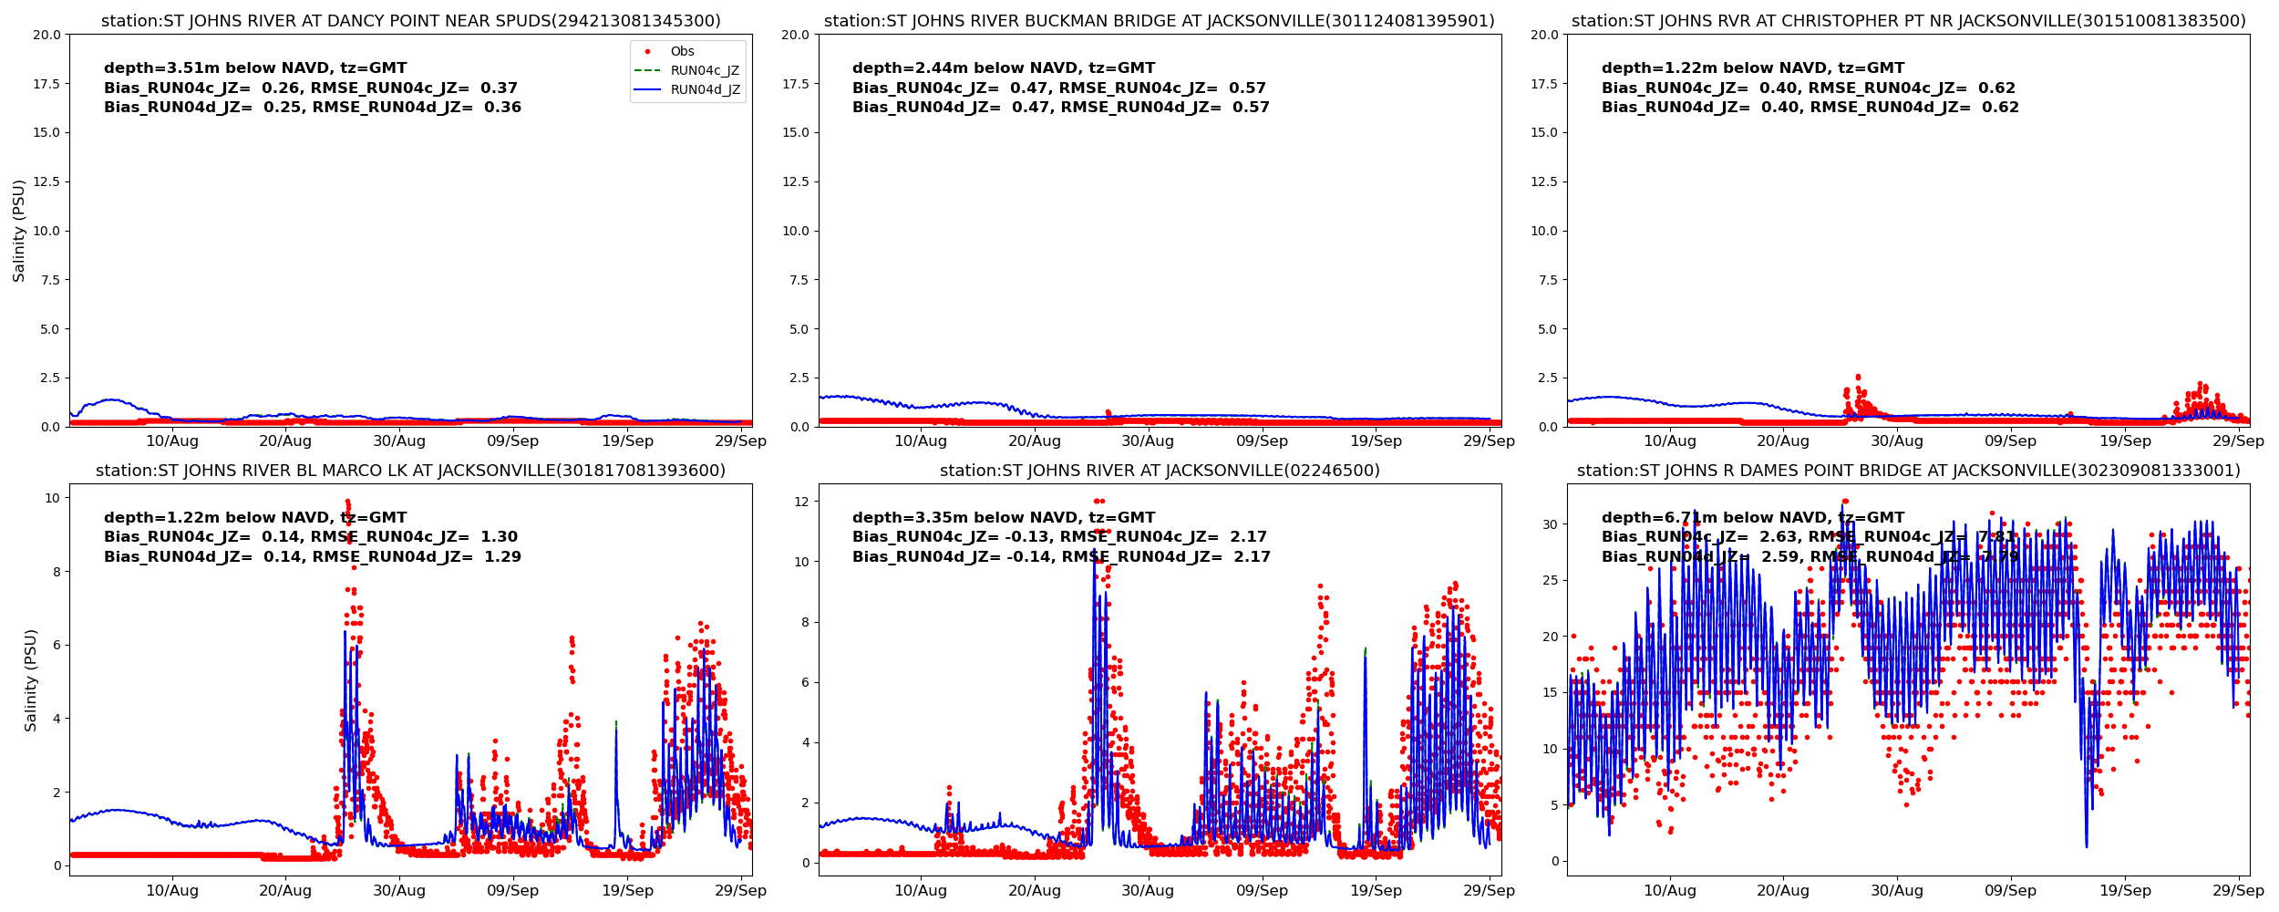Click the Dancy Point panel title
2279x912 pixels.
coord(410,21)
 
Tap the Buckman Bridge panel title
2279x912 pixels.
coord(1159,21)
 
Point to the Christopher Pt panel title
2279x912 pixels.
coord(1908,21)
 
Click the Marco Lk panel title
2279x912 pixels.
coord(410,471)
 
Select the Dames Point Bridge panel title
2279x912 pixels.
coord(1908,471)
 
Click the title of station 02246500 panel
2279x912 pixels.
coord(1159,471)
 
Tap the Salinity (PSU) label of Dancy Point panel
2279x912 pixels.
coord(19,231)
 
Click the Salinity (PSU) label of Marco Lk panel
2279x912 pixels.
coord(31,680)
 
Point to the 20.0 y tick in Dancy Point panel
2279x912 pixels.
coord(46,35)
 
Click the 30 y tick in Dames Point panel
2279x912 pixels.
coord(1550,524)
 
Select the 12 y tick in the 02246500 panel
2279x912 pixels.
coord(801,502)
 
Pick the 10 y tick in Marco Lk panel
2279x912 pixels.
coord(52,498)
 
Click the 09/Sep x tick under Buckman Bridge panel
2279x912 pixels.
coord(1262,441)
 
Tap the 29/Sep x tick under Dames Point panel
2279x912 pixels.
coord(2238,891)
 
